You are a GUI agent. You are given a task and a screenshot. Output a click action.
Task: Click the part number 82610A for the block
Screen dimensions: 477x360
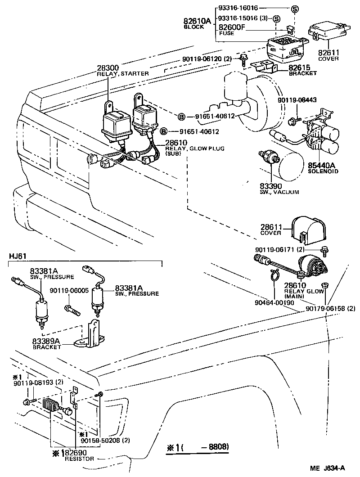tap(197, 21)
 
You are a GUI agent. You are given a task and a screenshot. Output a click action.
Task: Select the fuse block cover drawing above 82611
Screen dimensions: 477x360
tap(328, 35)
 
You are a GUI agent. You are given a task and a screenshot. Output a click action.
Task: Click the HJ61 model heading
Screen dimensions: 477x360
tap(18, 256)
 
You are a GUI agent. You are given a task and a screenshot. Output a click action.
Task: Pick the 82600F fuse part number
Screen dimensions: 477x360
tap(232, 27)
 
